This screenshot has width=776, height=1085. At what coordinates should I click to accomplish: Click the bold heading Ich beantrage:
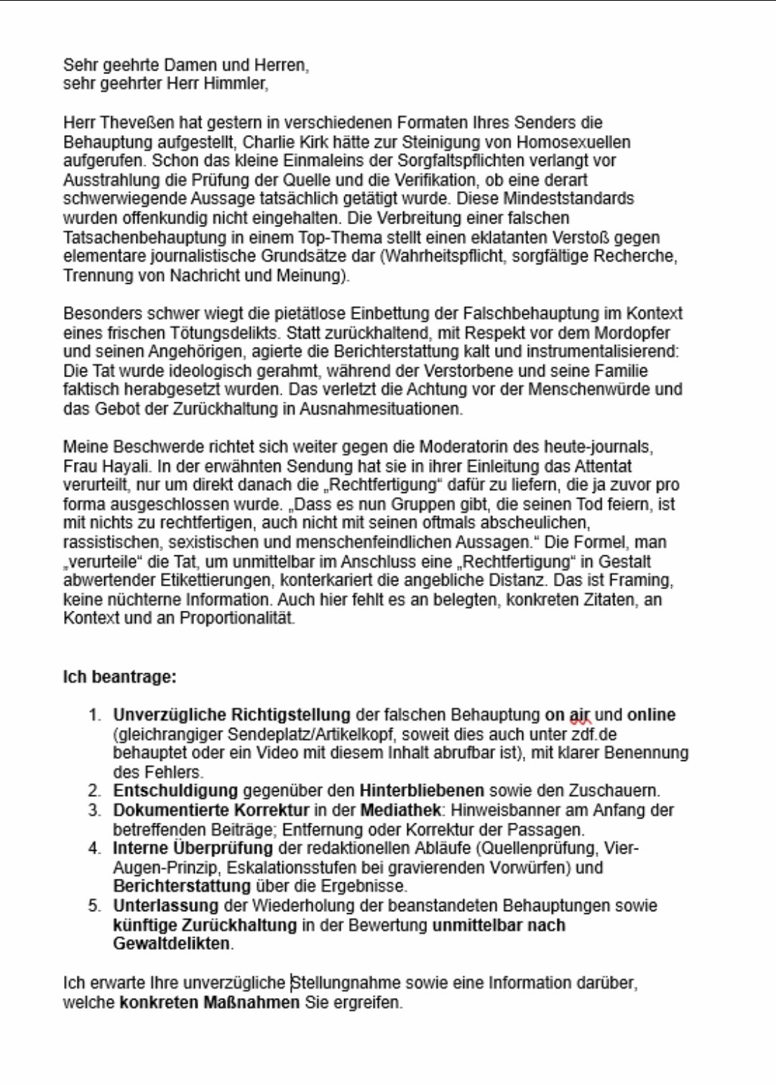click(x=120, y=677)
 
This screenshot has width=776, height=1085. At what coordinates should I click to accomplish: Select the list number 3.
click(x=94, y=811)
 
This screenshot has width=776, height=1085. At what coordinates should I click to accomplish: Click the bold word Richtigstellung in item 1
click(x=291, y=715)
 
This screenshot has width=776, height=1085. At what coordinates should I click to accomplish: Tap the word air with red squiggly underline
click(x=579, y=716)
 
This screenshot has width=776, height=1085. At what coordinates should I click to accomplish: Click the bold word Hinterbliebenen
click(x=422, y=791)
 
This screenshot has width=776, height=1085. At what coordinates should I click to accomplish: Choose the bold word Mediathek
click(x=400, y=811)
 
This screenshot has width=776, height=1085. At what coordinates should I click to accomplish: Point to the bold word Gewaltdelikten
click(x=172, y=943)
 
